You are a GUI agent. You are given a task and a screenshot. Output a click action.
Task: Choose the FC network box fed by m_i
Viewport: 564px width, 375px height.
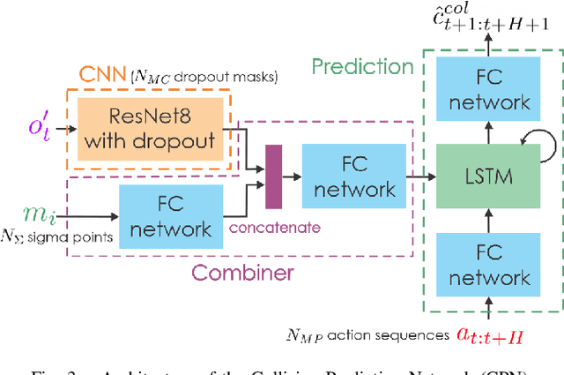[x=167, y=216]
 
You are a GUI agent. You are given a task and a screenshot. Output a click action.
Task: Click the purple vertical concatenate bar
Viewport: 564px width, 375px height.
[x=273, y=176]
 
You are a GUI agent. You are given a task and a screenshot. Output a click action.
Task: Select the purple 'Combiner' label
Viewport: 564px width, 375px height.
[x=243, y=273]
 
